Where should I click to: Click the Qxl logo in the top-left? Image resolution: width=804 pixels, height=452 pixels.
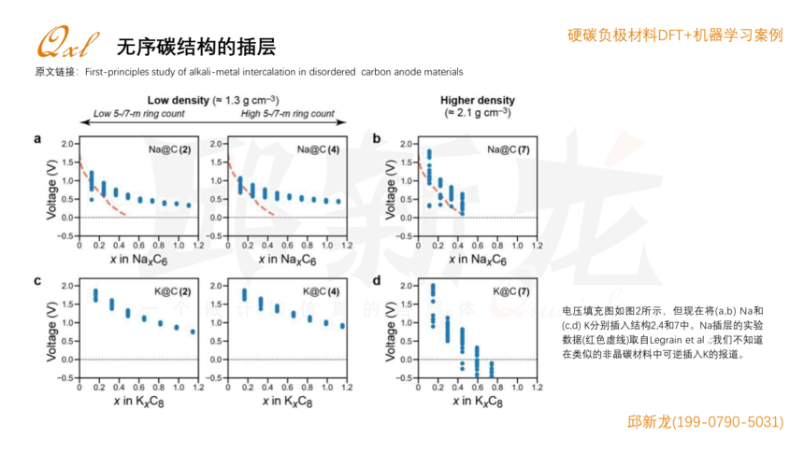tap(66, 42)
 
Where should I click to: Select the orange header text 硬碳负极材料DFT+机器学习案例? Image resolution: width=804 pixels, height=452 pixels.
tap(675, 35)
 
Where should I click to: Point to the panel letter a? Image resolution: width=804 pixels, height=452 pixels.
tap(37, 139)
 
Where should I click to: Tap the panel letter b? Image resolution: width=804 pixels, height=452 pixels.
tap(376, 139)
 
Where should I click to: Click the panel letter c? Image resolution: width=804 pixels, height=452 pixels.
tap(37, 280)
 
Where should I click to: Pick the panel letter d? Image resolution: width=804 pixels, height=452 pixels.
tap(376, 280)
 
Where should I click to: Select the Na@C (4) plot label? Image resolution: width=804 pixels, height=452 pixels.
tap(318, 149)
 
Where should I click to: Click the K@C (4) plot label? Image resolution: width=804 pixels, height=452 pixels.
tap(319, 290)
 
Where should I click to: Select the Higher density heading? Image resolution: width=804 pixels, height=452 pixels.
tap(477, 100)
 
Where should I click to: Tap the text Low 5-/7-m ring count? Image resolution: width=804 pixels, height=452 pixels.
tap(138, 114)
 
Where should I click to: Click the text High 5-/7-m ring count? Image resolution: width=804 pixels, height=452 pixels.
tap(287, 114)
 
